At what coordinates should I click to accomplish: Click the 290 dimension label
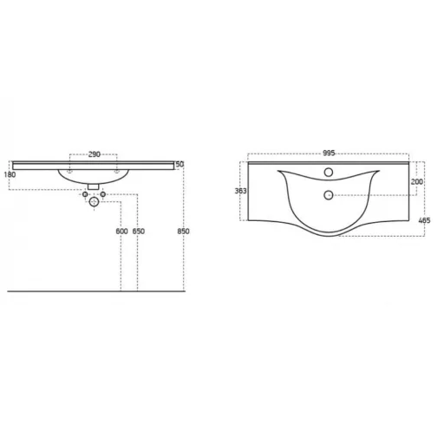(x=95, y=154)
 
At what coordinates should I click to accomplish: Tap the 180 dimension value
(x=10, y=174)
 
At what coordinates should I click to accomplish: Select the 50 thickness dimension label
(x=180, y=164)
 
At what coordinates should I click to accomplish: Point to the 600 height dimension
(x=121, y=232)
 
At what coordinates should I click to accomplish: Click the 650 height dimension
(x=139, y=232)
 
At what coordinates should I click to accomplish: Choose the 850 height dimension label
(x=183, y=232)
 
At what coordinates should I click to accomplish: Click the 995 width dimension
(x=329, y=153)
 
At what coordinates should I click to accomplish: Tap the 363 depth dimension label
(x=241, y=191)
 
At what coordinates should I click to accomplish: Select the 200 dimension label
(x=417, y=182)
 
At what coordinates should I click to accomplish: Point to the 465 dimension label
(x=424, y=220)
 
